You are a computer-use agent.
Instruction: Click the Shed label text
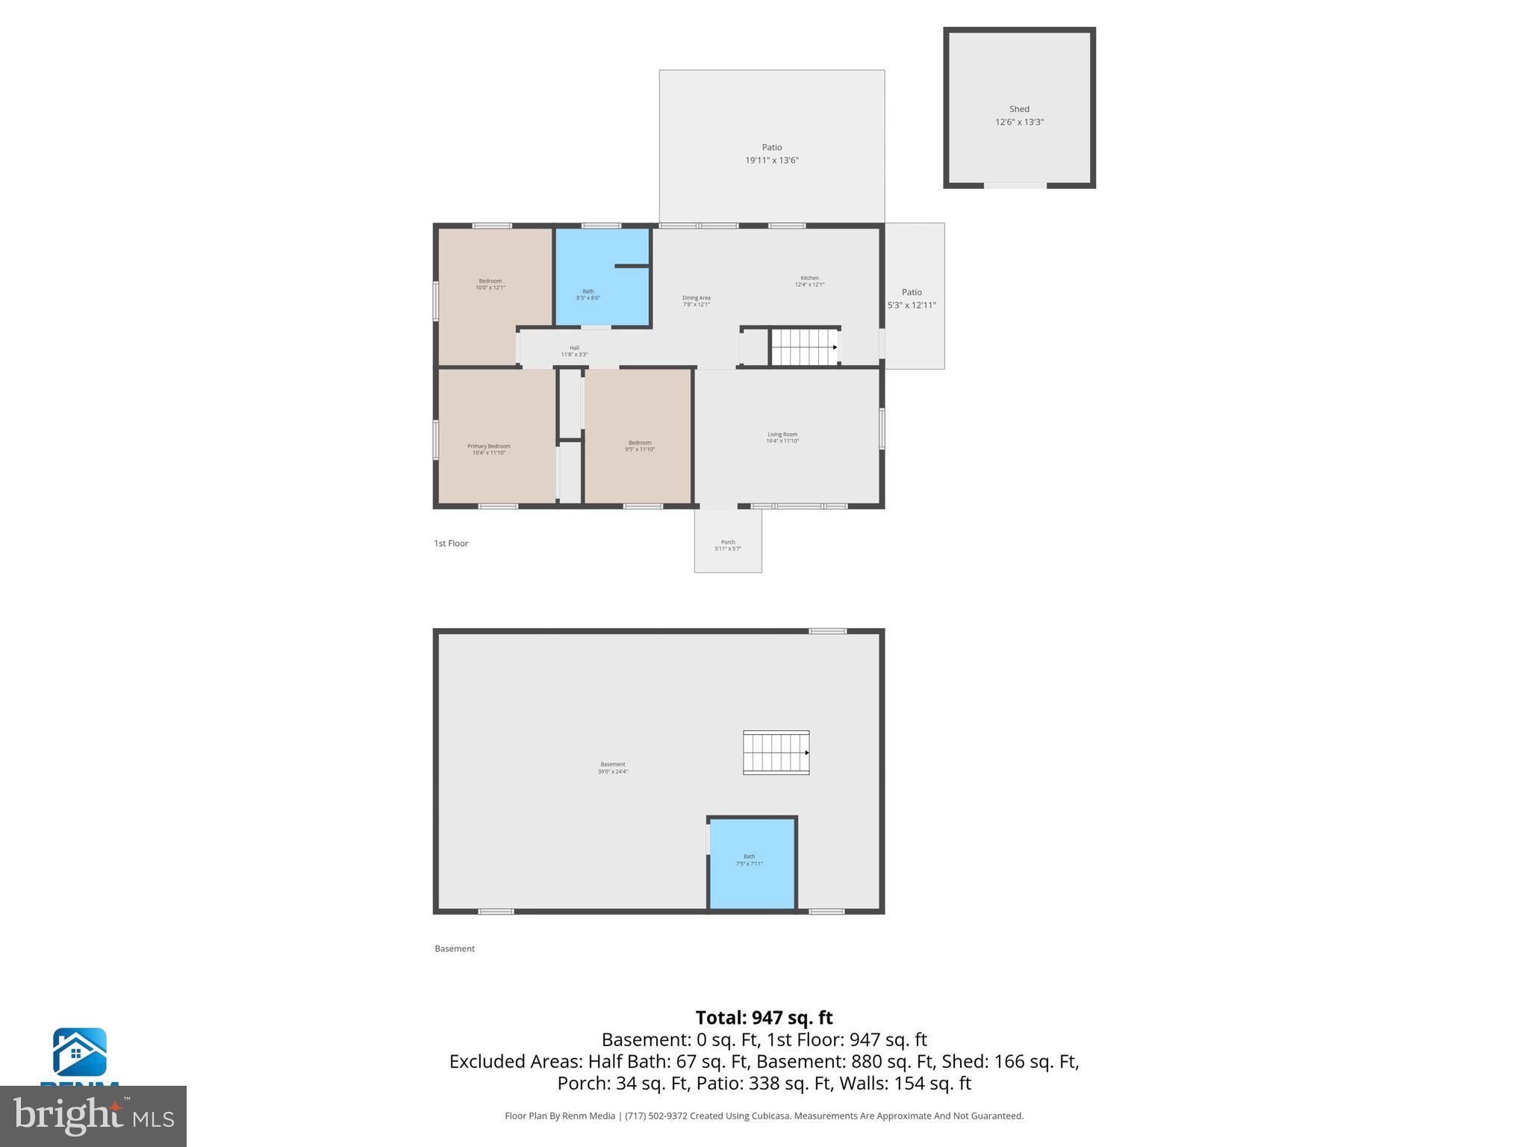click(1018, 109)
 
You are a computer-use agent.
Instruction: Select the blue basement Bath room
click(751, 862)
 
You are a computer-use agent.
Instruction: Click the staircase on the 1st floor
click(804, 347)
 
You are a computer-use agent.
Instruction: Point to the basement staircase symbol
click(776, 753)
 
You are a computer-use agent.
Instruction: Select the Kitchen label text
click(809, 278)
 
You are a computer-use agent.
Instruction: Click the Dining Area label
click(696, 298)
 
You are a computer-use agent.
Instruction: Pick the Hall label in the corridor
click(574, 348)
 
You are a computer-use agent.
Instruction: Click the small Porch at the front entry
click(728, 541)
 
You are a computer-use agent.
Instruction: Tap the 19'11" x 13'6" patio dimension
click(771, 161)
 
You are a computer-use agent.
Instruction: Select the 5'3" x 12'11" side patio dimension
click(911, 305)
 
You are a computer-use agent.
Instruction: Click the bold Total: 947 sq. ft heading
click(764, 1018)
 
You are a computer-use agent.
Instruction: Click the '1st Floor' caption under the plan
click(451, 544)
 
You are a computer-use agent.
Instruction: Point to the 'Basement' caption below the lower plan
click(454, 949)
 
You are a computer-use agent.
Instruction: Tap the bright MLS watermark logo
click(93, 1116)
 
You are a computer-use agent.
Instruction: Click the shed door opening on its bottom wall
click(1015, 185)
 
